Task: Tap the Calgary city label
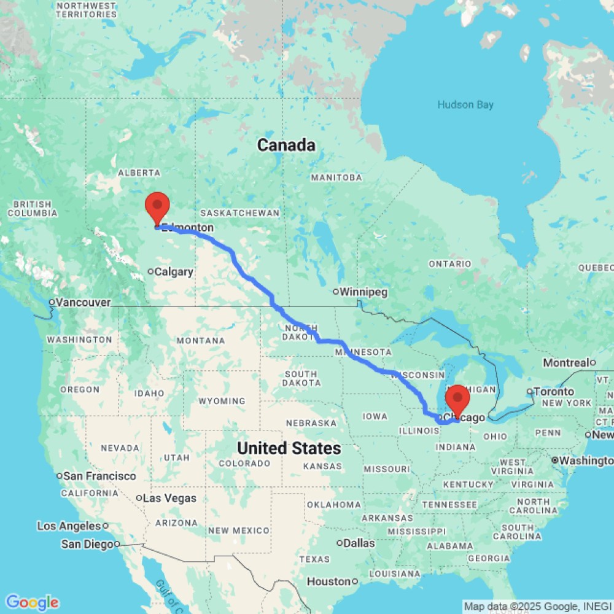pyautogui.click(x=174, y=272)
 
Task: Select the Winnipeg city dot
pyautogui.click(x=336, y=292)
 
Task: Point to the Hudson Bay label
pyautogui.click(x=465, y=105)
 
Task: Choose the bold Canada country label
pyautogui.click(x=286, y=146)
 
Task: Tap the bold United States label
pyautogui.click(x=289, y=448)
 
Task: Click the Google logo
pyautogui.click(x=31, y=602)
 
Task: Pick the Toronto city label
pyautogui.click(x=554, y=392)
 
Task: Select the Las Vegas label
pyautogui.click(x=169, y=498)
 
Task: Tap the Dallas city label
pyautogui.click(x=360, y=543)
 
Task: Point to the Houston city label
pyautogui.click(x=328, y=581)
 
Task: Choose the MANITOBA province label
pyautogui.click(x=336, y=177)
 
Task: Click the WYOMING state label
pyautogui.click(x=222, y=401)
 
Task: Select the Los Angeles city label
pyautogui.click(x=69, y=526)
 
